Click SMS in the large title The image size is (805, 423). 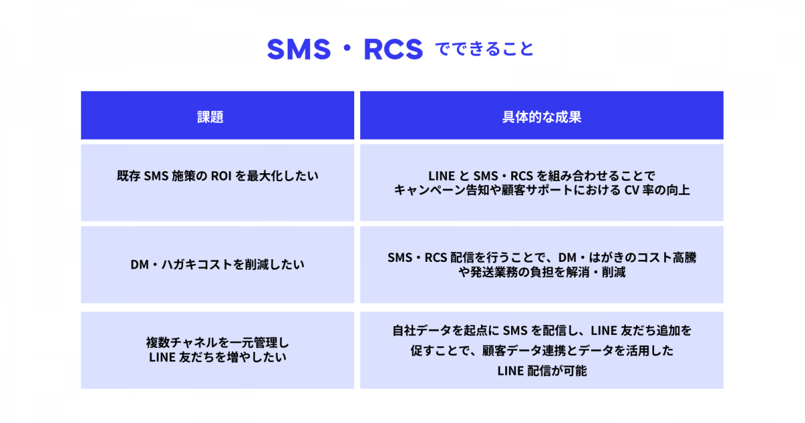[x=299, y=49]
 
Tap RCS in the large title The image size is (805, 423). [x=393, y=49]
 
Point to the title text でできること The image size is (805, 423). [x=484, y=49]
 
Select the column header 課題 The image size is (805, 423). [x=210, y=117]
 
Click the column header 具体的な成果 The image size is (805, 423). [x=541, y=117]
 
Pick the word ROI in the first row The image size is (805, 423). [x=221, y=176]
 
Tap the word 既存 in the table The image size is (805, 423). [x=129, y=176]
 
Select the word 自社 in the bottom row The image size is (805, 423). [x=405, y=330]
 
